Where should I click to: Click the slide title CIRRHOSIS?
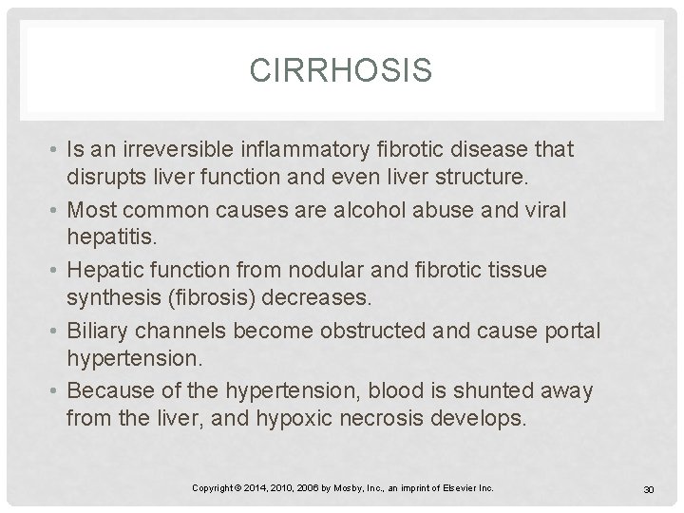(x=342, y=71)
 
